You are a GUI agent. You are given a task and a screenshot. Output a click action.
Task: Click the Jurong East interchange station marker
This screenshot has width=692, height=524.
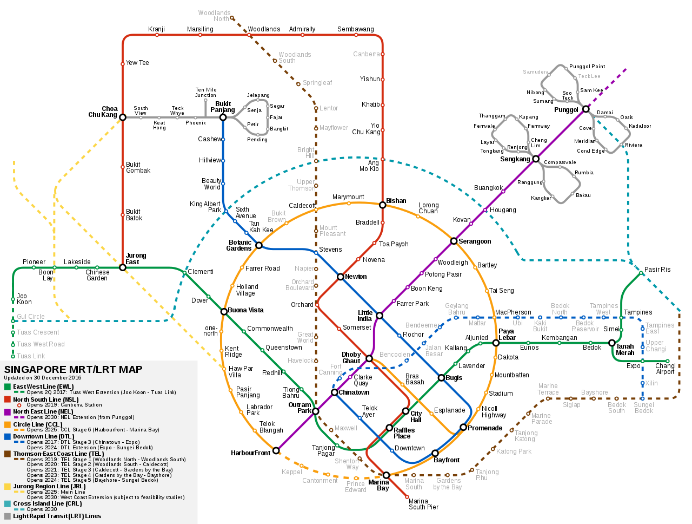[123, 267]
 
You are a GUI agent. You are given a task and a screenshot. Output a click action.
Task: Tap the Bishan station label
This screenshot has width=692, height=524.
[396, 201]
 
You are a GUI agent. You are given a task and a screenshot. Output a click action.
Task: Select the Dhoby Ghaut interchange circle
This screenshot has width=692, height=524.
[369, 358]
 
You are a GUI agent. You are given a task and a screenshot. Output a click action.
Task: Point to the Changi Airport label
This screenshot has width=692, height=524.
[665, 369]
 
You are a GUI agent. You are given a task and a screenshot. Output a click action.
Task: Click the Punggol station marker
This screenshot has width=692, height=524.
[585, 109]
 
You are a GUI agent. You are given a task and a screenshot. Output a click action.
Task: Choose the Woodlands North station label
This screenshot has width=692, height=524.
[214, 16]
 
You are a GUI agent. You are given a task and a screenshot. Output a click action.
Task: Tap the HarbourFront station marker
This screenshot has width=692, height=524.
[276, 450]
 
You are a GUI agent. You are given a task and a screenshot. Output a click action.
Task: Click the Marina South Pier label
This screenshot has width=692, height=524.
[423, 504]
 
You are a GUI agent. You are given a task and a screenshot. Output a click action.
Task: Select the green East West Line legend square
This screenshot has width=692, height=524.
[8, 387]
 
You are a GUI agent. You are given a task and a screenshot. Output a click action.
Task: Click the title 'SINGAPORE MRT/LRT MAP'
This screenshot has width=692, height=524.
[74, 370]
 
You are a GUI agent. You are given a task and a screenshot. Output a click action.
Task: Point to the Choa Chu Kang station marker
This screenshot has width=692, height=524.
[123, 117]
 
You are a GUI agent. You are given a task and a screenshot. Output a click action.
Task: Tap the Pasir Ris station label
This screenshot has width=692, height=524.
[657, 269]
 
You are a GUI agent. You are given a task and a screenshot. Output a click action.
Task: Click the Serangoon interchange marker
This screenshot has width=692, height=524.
[454, 241]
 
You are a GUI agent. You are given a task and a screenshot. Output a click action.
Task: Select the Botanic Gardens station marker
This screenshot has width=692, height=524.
[259, 245]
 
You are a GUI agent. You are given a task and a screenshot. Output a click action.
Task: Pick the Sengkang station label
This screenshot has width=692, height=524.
[515, 159]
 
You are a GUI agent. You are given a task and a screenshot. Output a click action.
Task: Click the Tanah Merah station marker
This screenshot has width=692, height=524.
[611, 343]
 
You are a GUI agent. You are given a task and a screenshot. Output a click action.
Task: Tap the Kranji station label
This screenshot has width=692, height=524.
[156, 29]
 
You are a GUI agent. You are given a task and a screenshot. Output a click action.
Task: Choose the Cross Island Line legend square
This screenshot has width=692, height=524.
[8, 503]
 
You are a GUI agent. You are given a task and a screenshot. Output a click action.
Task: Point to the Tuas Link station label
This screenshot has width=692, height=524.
[31, 356]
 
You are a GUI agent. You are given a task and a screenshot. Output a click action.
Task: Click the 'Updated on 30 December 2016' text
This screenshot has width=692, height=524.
[43, 378]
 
